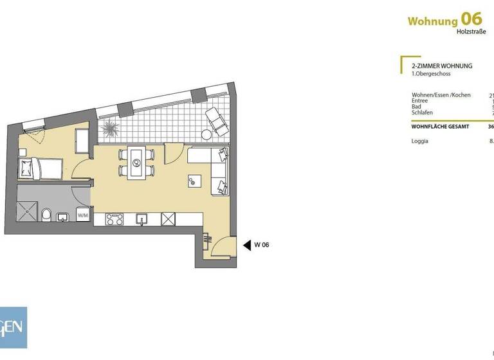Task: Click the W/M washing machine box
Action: click(83, 216)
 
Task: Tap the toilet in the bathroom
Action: click(46, 214)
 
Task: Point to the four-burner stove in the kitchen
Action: click(114, 219)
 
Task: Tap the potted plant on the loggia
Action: click(111, 127)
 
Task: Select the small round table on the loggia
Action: click(206, 136)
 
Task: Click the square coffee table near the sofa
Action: click(194, 181)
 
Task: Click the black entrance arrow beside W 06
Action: click(246, 244)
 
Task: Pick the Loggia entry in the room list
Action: click(420, 141)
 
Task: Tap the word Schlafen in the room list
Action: click(422, 113)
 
